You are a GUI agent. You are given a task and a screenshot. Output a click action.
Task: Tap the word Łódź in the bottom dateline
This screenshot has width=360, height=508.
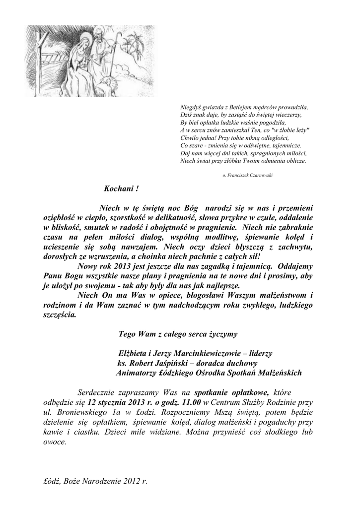(x=55, y=481)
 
